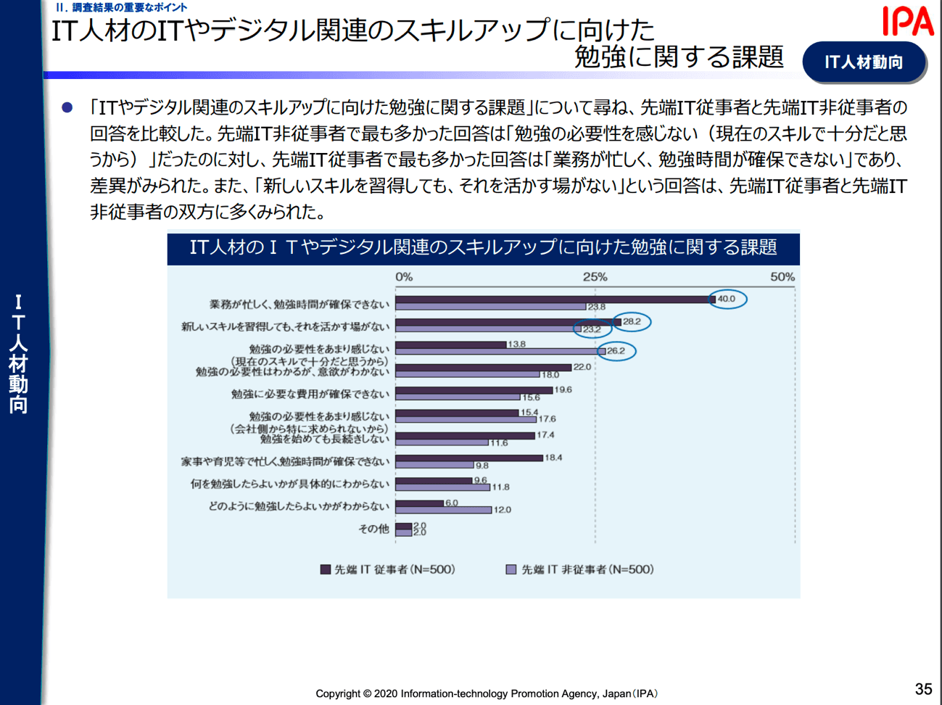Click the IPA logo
[x=907, y=21]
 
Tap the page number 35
[x=923, y=689]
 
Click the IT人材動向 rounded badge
[x=864, y=62]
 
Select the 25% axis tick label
[x=595, y=277]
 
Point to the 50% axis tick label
[x=782, y=277]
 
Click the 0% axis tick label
[x=404, y=277]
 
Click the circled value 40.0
[x=726, y=299]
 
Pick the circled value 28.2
[x=632, y=321]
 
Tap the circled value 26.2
[x=616, y=351]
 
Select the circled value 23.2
[x=592, y=329]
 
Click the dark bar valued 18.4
[x=469, y=458]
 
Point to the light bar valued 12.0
[x=444, y=510]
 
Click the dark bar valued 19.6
[x=474, y=390]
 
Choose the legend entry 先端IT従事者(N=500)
[x=388, y=569]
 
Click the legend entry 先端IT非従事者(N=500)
[x=580, y=569]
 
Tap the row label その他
[x=373, y=529]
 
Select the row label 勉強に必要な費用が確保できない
[x=310, y=394]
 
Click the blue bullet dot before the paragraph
[x=67, y=107]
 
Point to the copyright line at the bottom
[x=487, y=693]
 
